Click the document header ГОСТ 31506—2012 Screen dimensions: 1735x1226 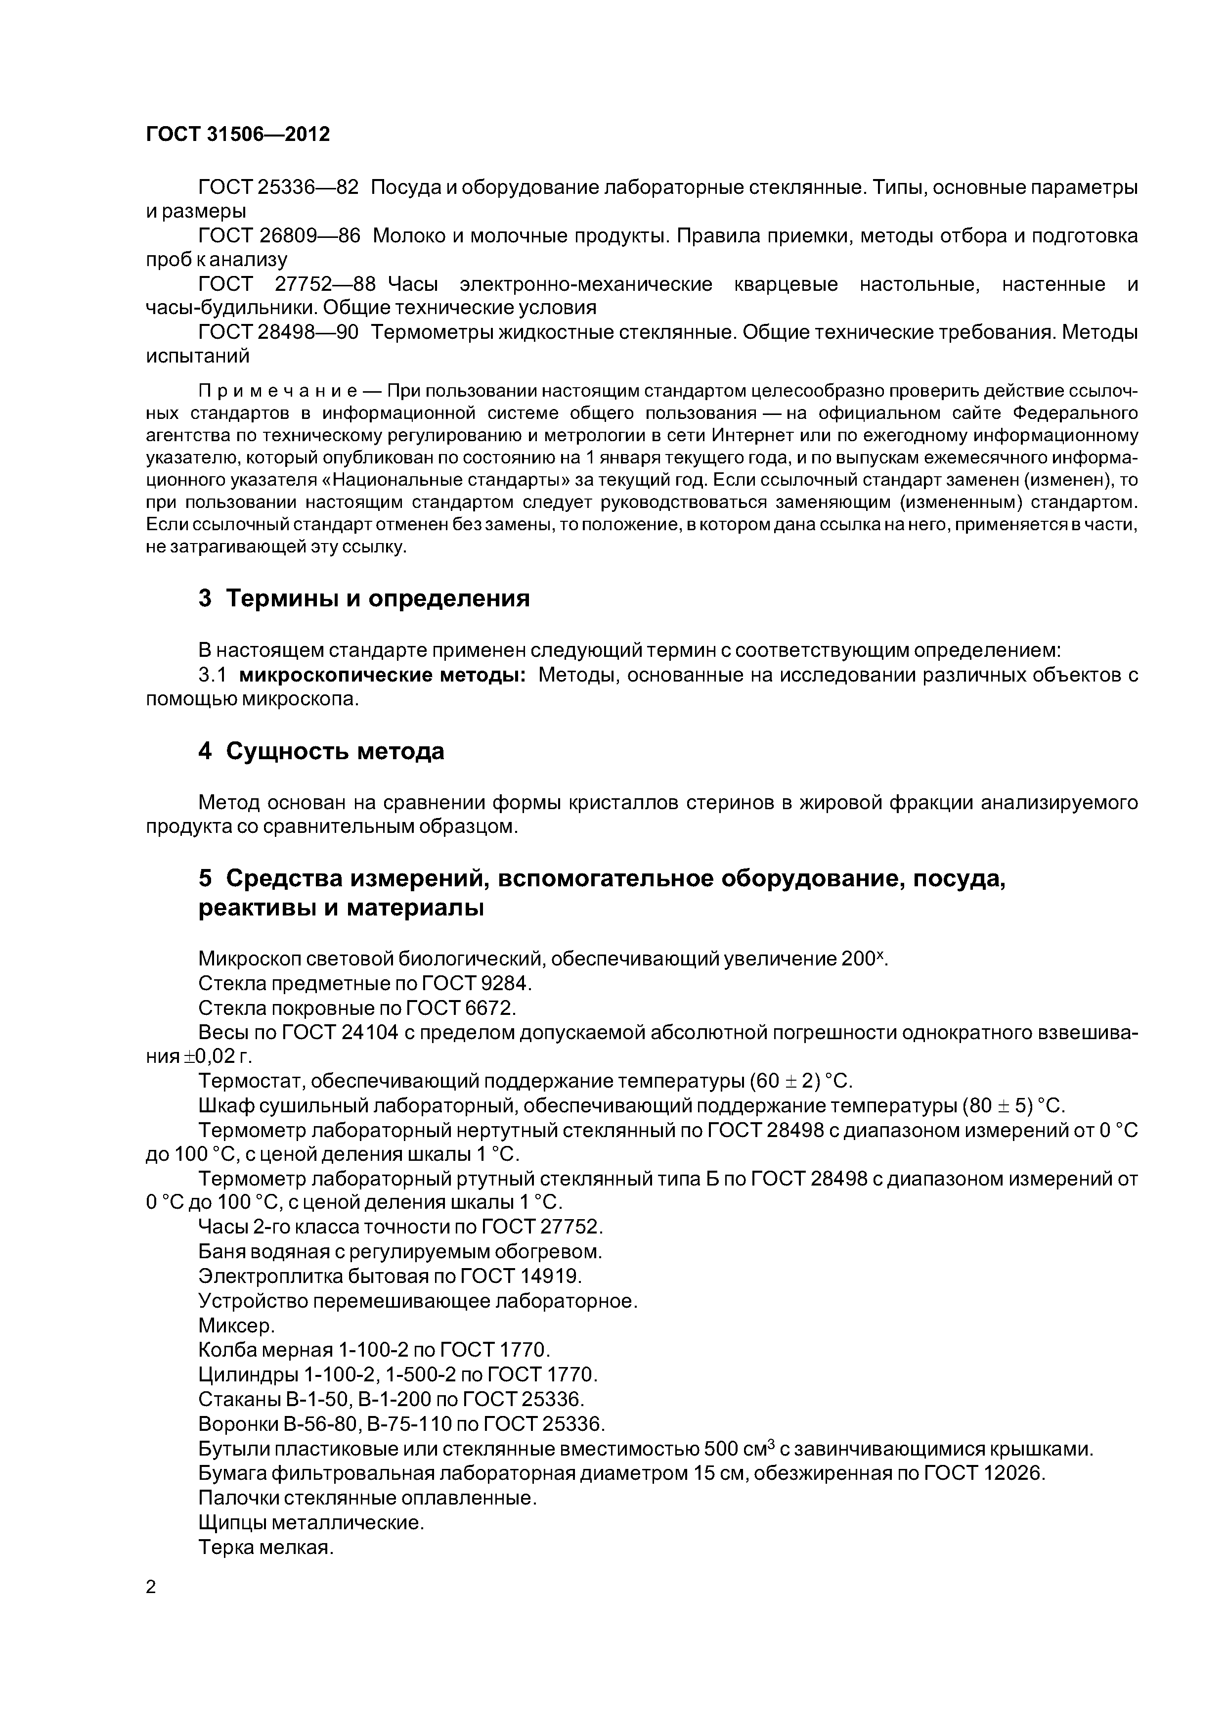coord(237,135)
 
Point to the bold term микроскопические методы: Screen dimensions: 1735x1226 coord(382,675)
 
